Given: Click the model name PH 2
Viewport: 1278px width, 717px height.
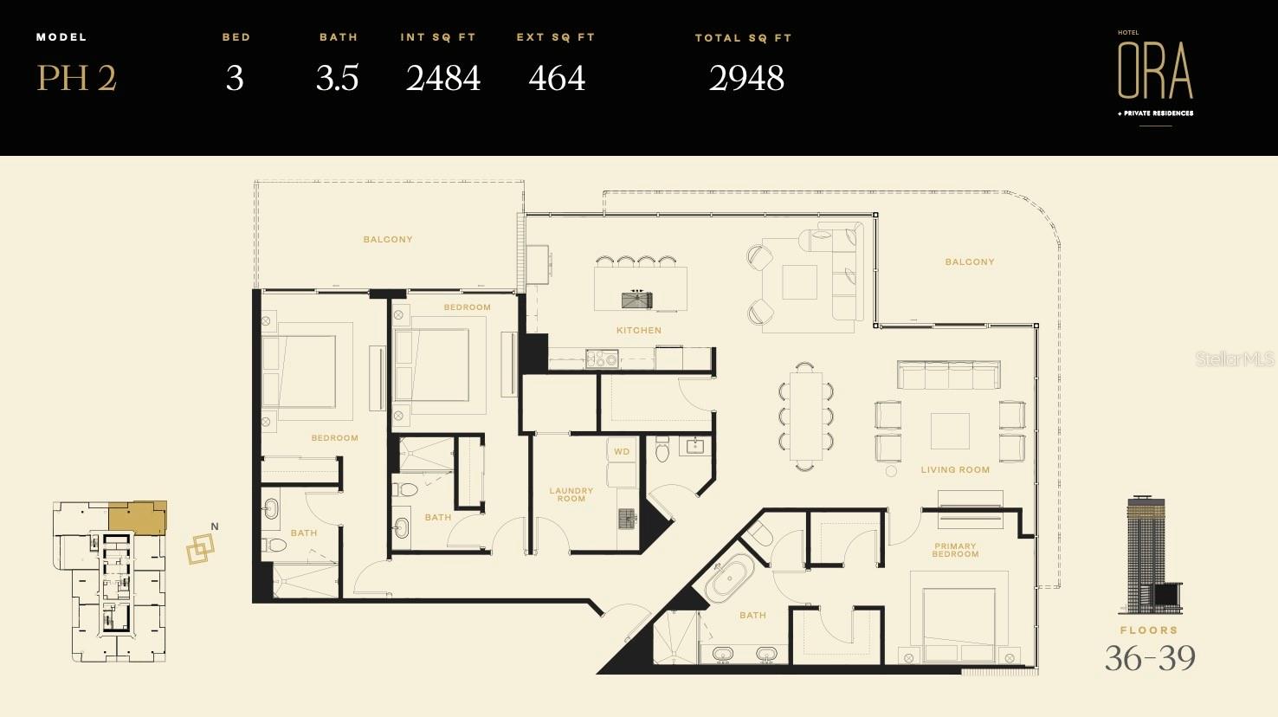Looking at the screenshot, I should tap(76, 79).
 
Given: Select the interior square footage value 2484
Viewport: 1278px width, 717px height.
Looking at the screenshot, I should tap(442, 79).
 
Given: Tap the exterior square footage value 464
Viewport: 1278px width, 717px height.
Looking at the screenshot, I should tap(557, 79).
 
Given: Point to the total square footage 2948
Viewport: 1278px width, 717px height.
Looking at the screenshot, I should tap(746, 79).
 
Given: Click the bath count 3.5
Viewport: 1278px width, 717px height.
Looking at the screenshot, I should tap(337, 79).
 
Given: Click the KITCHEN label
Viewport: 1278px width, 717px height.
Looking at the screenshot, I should tap(639, 330).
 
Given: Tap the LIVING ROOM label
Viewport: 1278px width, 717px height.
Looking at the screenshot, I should tap(955, 469).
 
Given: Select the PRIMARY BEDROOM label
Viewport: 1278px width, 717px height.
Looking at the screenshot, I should tap(955, 550).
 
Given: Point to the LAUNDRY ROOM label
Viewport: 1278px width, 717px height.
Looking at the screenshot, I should tap(571, 494).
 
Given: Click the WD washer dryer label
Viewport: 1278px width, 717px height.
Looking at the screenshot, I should tap(622, 451).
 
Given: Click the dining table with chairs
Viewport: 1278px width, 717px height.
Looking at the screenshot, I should tap(805, 417).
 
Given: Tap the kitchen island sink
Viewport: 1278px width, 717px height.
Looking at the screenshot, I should tap(637, 300).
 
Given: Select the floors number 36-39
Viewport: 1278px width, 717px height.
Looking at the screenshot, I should tap(1149, 659).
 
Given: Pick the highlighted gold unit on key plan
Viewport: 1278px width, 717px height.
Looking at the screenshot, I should tap(138, 517).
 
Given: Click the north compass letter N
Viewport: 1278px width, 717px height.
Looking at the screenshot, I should tap(215, 526).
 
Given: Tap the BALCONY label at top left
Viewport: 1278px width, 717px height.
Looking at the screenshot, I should tap(388, 239).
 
